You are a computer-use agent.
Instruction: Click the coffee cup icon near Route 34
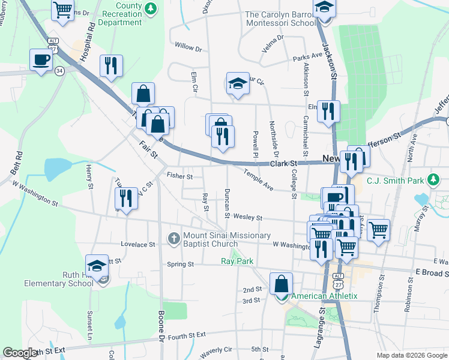pyautogui.click(x=41, y=60)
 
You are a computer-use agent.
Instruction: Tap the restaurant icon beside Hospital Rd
pyautogui.click(x=111, y=66)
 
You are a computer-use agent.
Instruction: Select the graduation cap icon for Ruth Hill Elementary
pyautogui.click(x=97, y=265)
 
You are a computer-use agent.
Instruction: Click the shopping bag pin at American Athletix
pyautogui.click(x=281, y=284)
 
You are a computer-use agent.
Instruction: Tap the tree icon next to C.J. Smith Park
pyautogui.click(x=433, y=179)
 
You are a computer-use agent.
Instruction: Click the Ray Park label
pyautogui.click(x=237, y=261)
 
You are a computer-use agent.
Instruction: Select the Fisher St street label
pyautogui.click(x=179, y=176)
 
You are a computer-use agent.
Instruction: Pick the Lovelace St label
pyautogui.click(x=137, y=245)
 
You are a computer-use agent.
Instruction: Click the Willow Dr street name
pyautogui.click(x=188, y=46)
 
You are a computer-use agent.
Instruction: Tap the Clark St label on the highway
pyautogui.click(x=283, y=163)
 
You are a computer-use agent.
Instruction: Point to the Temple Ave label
pyautogui.click(x=258, y=180)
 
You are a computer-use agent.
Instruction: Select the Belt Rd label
pyautogui.click(x=17, y=162)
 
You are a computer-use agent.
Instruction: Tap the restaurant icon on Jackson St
pyautogui.click(x=328, y=111)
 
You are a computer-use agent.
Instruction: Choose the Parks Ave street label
pyautogui.click(x=307, y=58)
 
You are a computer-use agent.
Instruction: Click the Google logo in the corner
pyautogui.click(x=20, y=353)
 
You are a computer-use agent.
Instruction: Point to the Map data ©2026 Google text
pyautogui.click(x=411, y=355)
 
